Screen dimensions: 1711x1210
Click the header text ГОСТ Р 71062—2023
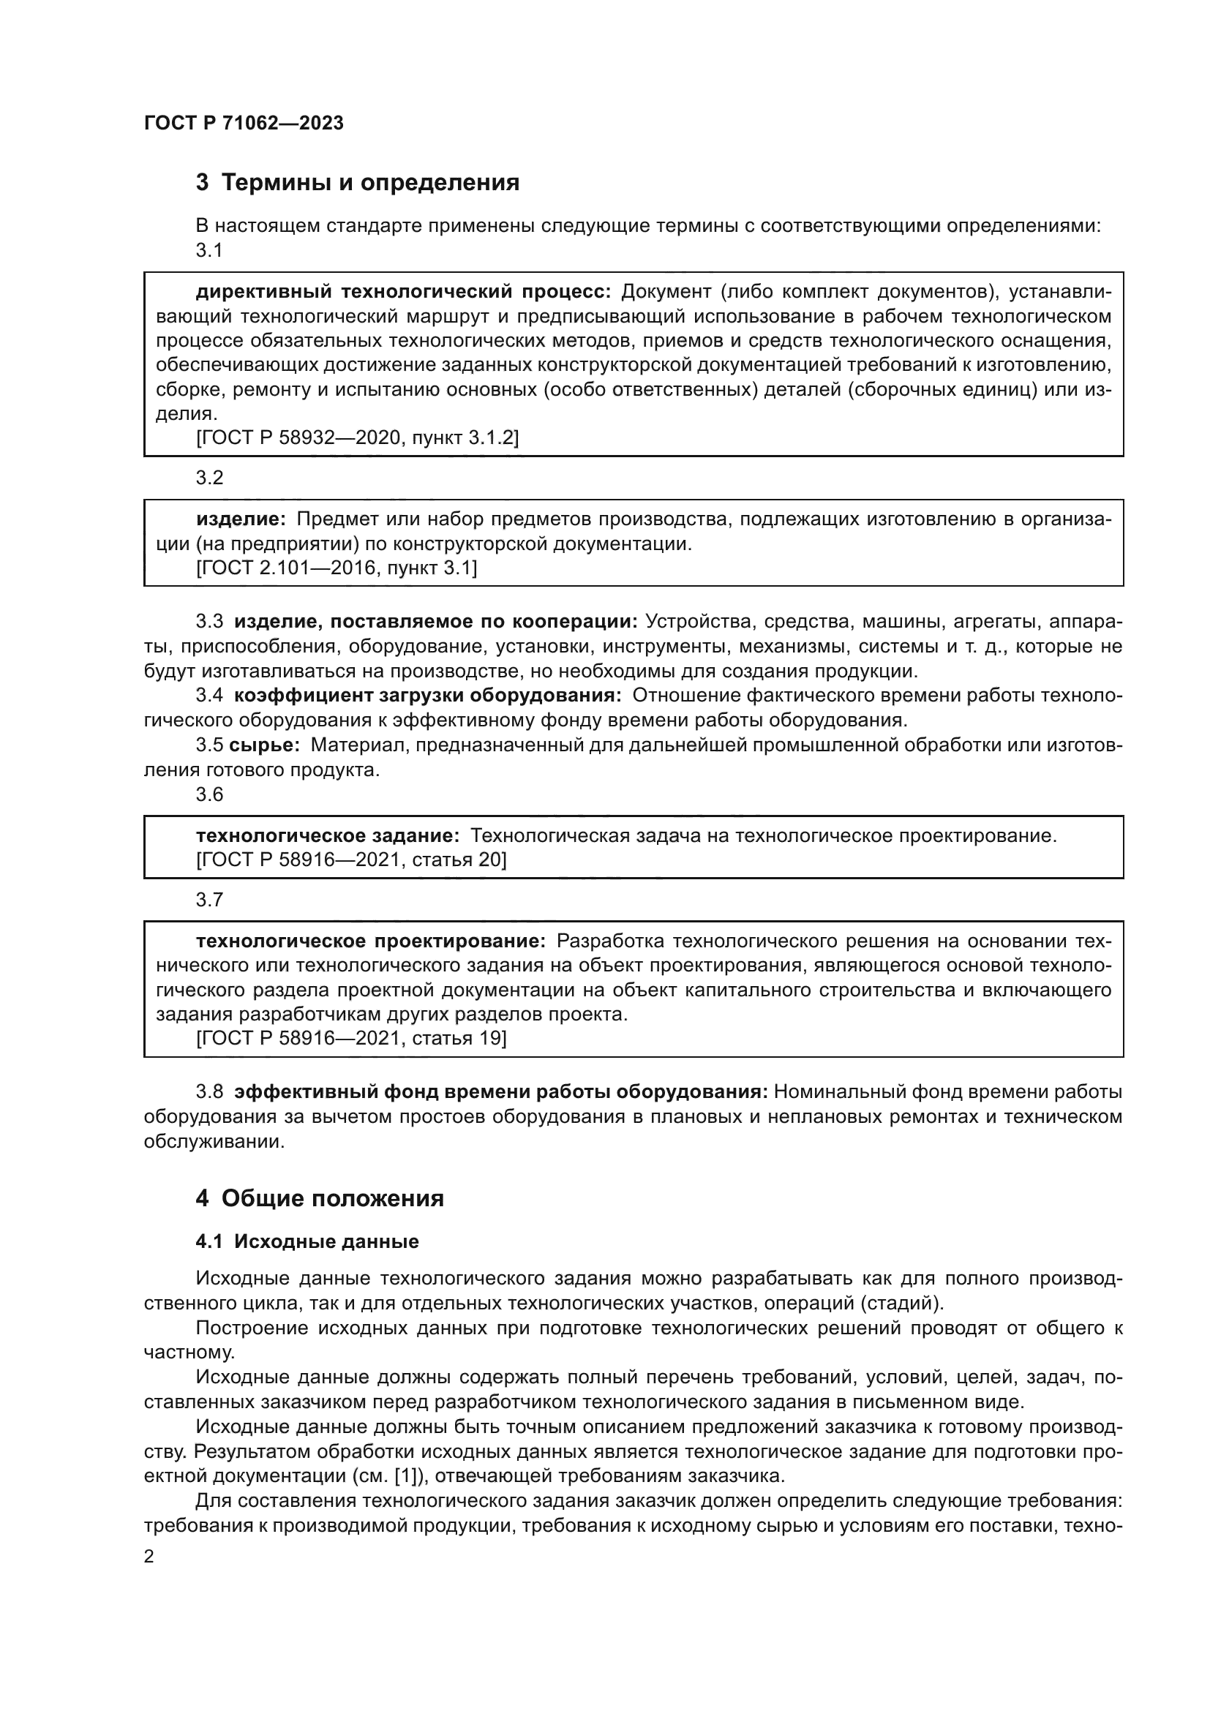click(x=244, y=123)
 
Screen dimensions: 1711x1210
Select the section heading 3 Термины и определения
click(x=358, y=183)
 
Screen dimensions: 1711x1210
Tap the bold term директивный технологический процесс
click(x=403, y=291)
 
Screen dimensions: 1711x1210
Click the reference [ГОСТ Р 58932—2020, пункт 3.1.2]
click(x=358, y=437)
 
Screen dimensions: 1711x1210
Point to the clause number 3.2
click(x=209, y=478)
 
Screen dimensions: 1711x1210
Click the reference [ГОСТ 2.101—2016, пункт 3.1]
click(x=337, y=568)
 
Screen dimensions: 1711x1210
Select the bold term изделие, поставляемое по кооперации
click(x=436, y=622)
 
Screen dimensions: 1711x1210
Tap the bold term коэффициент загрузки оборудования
click(x=428, y=695)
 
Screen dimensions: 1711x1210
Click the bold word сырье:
click(x=265, y=745)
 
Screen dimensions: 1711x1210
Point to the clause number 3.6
click(x=209, y=794)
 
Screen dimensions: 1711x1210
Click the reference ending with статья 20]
click(x=352, y=860)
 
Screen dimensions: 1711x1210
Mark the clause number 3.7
click(x=209, y=900)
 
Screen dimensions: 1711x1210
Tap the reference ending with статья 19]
click(x=352, y=1038)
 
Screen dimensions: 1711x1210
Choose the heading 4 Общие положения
click(x=320, y=1198)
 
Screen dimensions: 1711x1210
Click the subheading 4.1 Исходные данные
click(x=307, y=1241)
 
